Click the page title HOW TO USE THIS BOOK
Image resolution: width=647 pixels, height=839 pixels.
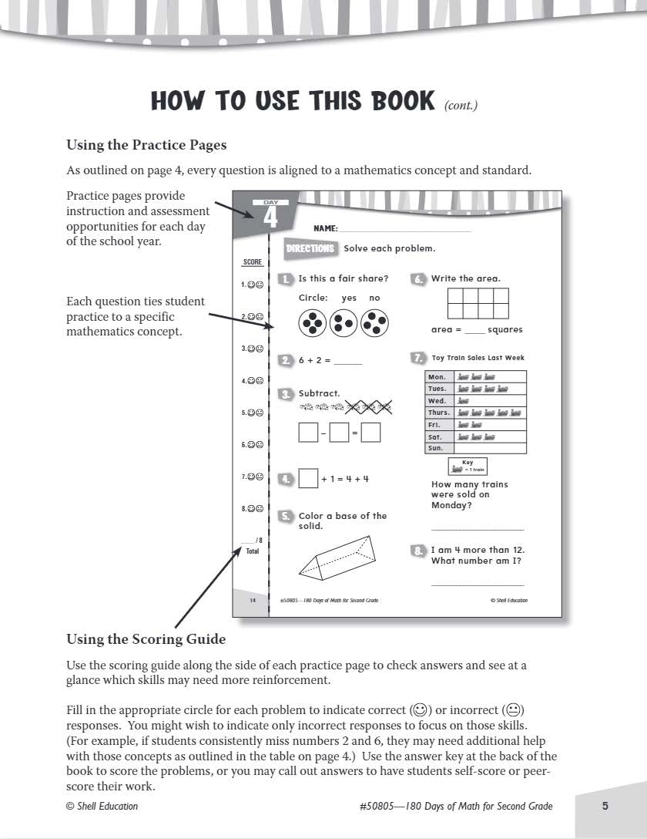(x=293, y=101)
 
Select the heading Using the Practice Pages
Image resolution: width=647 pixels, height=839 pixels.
(x=146, y=144)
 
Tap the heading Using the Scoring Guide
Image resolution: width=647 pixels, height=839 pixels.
(x=146, y=639)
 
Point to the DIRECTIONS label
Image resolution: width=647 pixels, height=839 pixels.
(x=310, y=248)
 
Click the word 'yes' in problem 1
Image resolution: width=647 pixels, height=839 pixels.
(x=349, y=298)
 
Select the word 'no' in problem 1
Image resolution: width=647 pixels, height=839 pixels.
(x=374, y=298)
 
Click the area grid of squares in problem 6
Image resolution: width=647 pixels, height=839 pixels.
(x=478, y=303)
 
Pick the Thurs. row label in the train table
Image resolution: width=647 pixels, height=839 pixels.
(x=438, y=413)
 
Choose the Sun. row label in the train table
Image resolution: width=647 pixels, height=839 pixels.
(x=436, y=448)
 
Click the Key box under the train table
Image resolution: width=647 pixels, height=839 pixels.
(x=468, y=466)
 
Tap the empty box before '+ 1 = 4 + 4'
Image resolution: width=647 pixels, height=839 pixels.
(x=308, y=479)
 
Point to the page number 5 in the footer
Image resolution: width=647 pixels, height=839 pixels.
(x=605, y=806)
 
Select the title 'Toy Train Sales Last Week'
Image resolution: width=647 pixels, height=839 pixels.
(x=478, y=358)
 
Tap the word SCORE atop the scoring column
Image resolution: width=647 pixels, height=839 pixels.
(x=253, y=262)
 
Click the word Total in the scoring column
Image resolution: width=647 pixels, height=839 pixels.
(x=253, y=551)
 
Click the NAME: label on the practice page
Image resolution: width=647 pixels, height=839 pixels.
(x=326, y=228)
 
